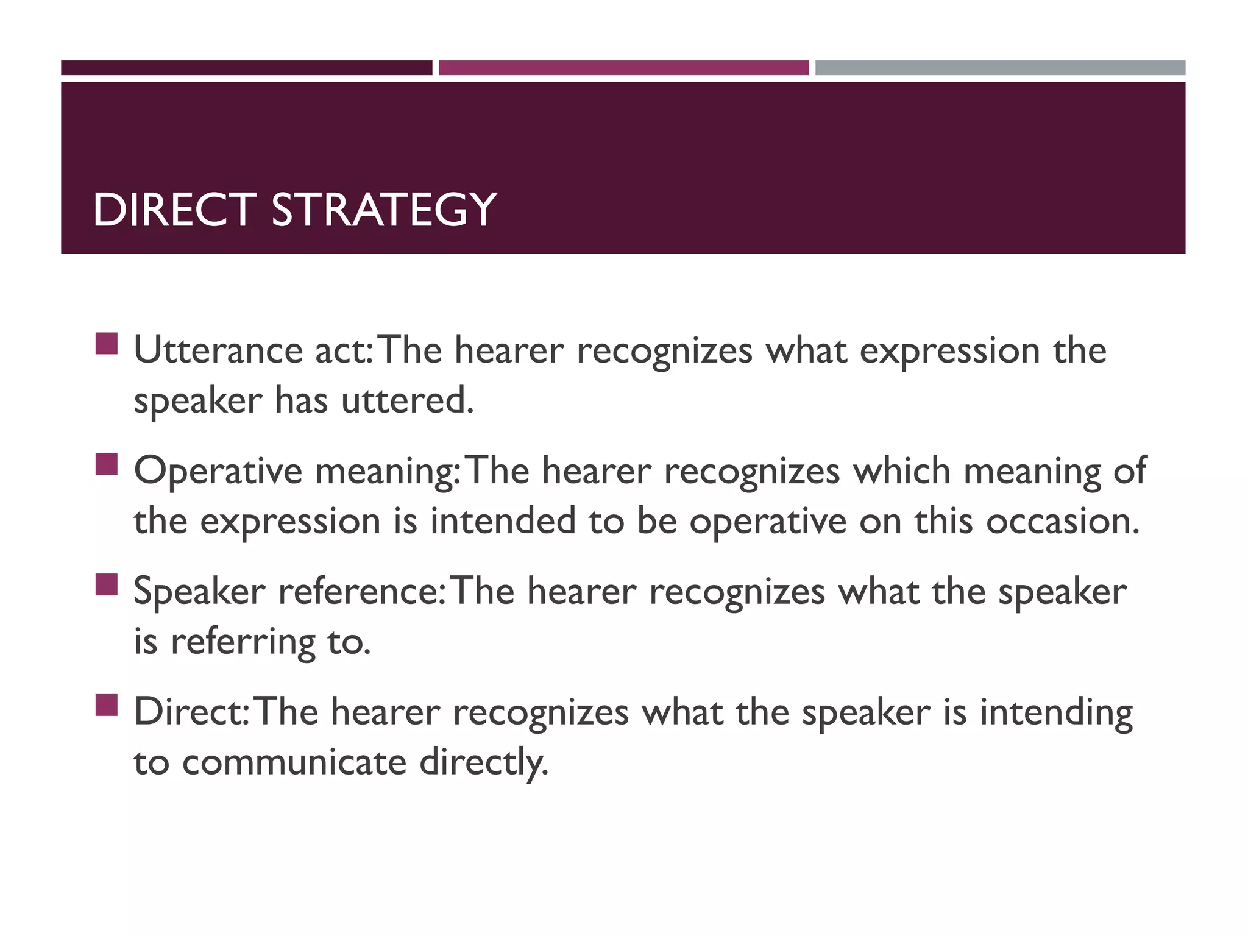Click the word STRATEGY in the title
click(x=384, y=210)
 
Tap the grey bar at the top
click(x=1000, y=68)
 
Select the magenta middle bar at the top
click(x=623, y=68)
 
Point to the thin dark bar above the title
click(x=246, y=68)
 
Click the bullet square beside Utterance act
click(x=106, y=344)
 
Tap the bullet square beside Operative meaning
click(x=106, y=464)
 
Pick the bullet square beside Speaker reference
click(x=106, y=584)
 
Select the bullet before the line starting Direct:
click(x=106, y=705)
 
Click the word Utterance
click(x=218, y=351)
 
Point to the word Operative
click(x=218, y=472)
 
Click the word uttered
click(x=407, y=401)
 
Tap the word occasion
click(x=1062, y=522)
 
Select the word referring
click(x=243, y=642)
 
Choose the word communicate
click(x=294, y=762)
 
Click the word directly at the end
click(x=484, y=762)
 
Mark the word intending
click(x=1056, y=713)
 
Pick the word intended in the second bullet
click(x=503, y=522)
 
